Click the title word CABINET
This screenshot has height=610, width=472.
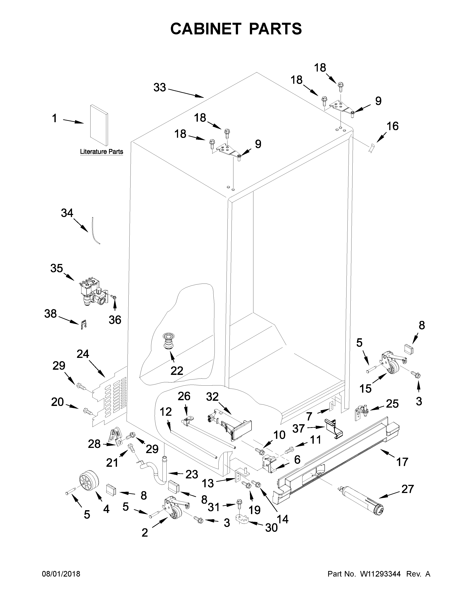coord(205,29)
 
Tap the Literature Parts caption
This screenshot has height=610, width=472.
coord(101,152)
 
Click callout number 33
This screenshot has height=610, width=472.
coord(160,87)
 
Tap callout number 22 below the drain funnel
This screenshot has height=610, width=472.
coord(177,371)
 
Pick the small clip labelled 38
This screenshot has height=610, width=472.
coord(83,325)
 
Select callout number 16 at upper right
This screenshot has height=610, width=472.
coord(393,126)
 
